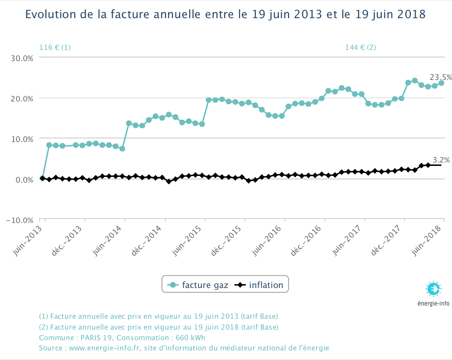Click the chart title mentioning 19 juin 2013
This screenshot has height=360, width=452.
(x=225, y=14)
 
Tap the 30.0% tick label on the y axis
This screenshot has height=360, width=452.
(x=22, y=58)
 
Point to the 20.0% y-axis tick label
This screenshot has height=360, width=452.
(x=22, y=99)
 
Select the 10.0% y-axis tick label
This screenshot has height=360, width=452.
(x=22, y=139)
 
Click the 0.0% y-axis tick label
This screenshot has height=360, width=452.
(x=24, y=180)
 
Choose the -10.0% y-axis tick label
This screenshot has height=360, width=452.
(x=20, y=220)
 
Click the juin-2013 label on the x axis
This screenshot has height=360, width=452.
(x=27, y=241)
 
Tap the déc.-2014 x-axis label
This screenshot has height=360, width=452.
(x=146, y=241)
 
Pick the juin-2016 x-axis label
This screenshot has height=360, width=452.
(x=266, y=241)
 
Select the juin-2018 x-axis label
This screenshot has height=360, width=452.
(x=426, y=241)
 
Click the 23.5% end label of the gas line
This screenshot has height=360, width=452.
(x=441, y=77)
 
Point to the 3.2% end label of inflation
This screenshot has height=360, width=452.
(x=441, y=160)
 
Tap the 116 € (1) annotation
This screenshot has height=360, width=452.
(x=55, y=47)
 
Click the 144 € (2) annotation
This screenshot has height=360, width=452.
(x=360, y=47)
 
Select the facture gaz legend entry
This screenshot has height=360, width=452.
(x=198, y=285)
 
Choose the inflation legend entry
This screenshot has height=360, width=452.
(x=259, y=285)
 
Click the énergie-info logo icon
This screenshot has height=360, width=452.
(x=434, y=289)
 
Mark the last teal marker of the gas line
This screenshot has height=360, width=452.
(x=441, y=83)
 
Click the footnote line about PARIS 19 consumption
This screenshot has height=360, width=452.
(x=122, y=338)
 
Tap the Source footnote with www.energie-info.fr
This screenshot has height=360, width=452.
(x=184, y=348)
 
